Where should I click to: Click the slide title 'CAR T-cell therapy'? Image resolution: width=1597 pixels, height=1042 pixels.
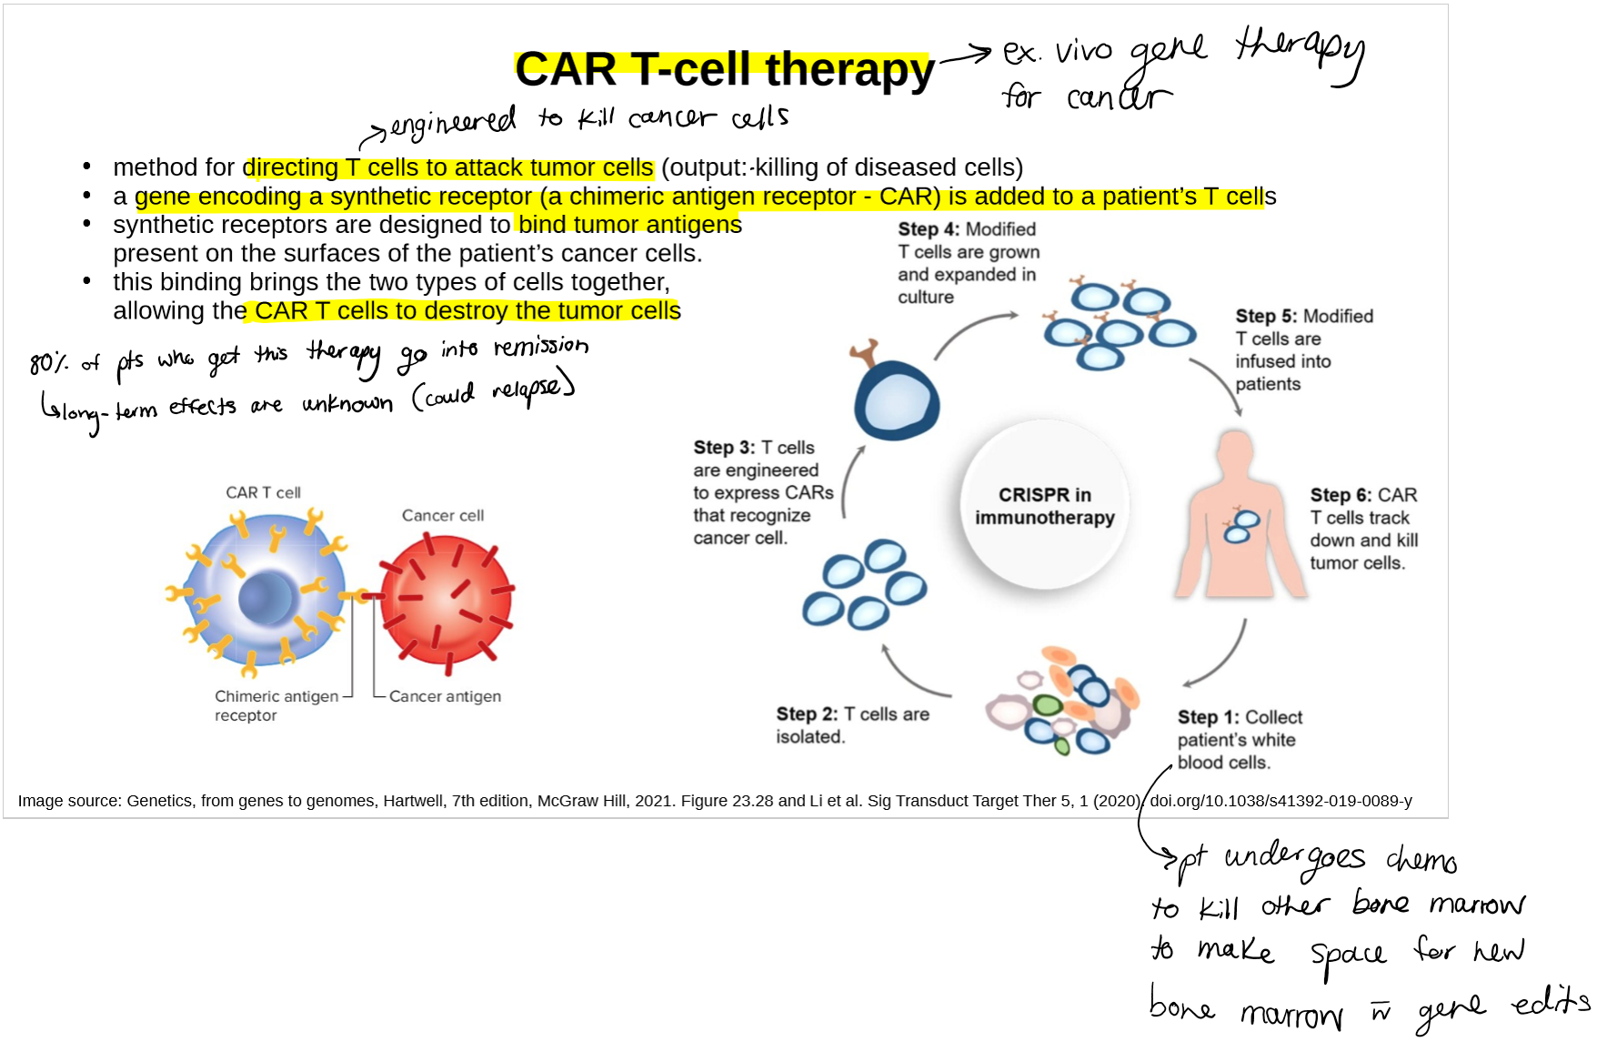coord(724,69)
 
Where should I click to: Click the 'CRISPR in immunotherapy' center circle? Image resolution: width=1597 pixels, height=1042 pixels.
coord(1044,506)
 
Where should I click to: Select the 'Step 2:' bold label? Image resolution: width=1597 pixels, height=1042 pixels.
coord(807,714)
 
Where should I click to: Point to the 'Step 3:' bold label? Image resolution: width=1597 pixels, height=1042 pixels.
coord(724,448)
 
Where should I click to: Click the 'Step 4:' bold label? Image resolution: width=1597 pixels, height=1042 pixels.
coord(929,229)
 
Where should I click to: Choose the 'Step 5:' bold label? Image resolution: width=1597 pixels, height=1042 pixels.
coord(1266,316)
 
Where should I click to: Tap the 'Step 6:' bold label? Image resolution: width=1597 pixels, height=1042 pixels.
coord(1341,495)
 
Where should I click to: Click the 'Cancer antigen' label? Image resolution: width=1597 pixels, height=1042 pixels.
coord(445,696)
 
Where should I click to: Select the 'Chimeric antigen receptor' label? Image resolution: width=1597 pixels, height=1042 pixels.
coord(276,705)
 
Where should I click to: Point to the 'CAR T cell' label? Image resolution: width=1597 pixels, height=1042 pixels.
coord(263,492)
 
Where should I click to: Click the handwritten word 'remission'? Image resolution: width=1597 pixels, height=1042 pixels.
coord(541,347)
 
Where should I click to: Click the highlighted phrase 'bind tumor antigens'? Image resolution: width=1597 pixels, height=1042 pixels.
coord(629,225)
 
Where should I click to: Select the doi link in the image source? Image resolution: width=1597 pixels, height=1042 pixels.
coord(1281,801)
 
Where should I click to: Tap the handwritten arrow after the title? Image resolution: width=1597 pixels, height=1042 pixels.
coord(966,56)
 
